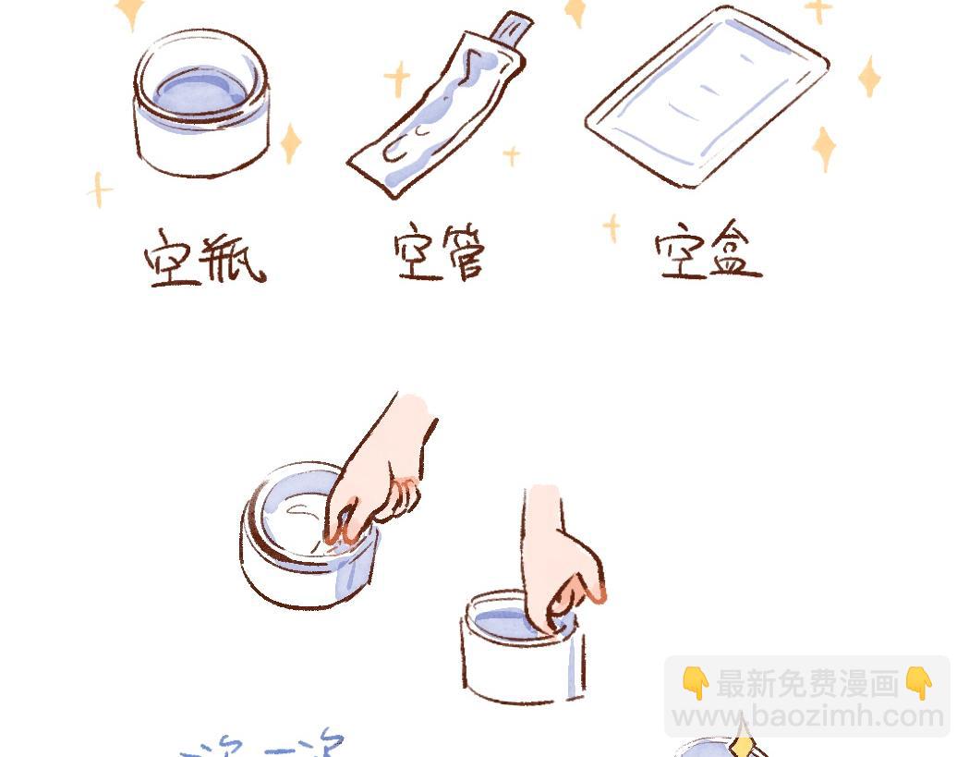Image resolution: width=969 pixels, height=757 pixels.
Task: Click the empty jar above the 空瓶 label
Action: point(201,104)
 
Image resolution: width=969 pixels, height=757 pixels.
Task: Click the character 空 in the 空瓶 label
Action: point(173,256)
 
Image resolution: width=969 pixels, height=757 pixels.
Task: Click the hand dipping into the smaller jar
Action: point(559,555)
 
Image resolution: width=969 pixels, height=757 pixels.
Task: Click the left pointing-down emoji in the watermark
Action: point(695,684)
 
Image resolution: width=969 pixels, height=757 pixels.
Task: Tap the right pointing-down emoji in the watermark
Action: point(918,684)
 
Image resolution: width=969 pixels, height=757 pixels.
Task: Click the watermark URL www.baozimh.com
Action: point(806,716)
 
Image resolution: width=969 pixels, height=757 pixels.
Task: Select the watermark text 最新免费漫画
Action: point(806,684)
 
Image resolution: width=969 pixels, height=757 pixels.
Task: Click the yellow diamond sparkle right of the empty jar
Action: point(291,143)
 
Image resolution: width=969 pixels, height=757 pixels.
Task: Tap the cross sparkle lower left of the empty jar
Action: point(99,189)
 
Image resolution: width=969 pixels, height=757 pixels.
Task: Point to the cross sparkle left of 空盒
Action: point(611,227)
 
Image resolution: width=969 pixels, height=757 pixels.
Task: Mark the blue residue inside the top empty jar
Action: point(200,90)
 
